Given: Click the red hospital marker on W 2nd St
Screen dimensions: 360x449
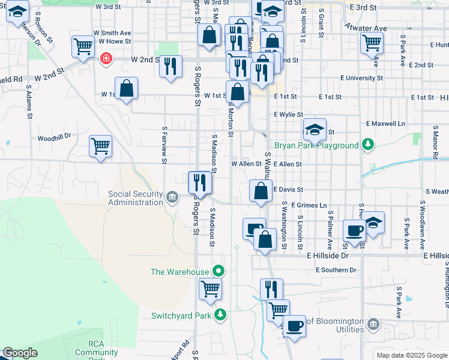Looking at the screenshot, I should click(106, 58).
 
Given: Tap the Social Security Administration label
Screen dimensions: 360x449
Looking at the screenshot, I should click(135, 198).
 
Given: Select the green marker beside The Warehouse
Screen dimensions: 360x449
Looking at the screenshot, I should click(219, 272).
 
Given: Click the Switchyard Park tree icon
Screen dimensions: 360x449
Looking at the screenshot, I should click(221, 314).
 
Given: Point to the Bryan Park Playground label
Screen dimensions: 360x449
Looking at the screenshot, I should click(316, 146).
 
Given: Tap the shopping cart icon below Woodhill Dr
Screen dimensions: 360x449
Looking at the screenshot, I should click(100, 146).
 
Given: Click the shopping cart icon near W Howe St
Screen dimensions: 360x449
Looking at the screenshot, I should click(82, 46).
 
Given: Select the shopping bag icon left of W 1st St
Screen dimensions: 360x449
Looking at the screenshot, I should click(127, 89).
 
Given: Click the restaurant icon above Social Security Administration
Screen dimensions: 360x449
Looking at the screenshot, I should click(200, 182).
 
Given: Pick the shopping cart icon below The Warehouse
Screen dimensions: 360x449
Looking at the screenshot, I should click(211, 289).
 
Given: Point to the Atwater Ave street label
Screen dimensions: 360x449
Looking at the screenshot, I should click(366, 28).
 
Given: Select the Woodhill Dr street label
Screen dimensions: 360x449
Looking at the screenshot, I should click(54, 137).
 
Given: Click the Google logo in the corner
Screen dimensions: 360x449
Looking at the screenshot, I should click(20, 353).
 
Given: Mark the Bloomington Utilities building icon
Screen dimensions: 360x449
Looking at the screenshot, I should click(373, 325).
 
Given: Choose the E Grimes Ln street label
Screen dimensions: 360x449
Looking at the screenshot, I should click(309, 205).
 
